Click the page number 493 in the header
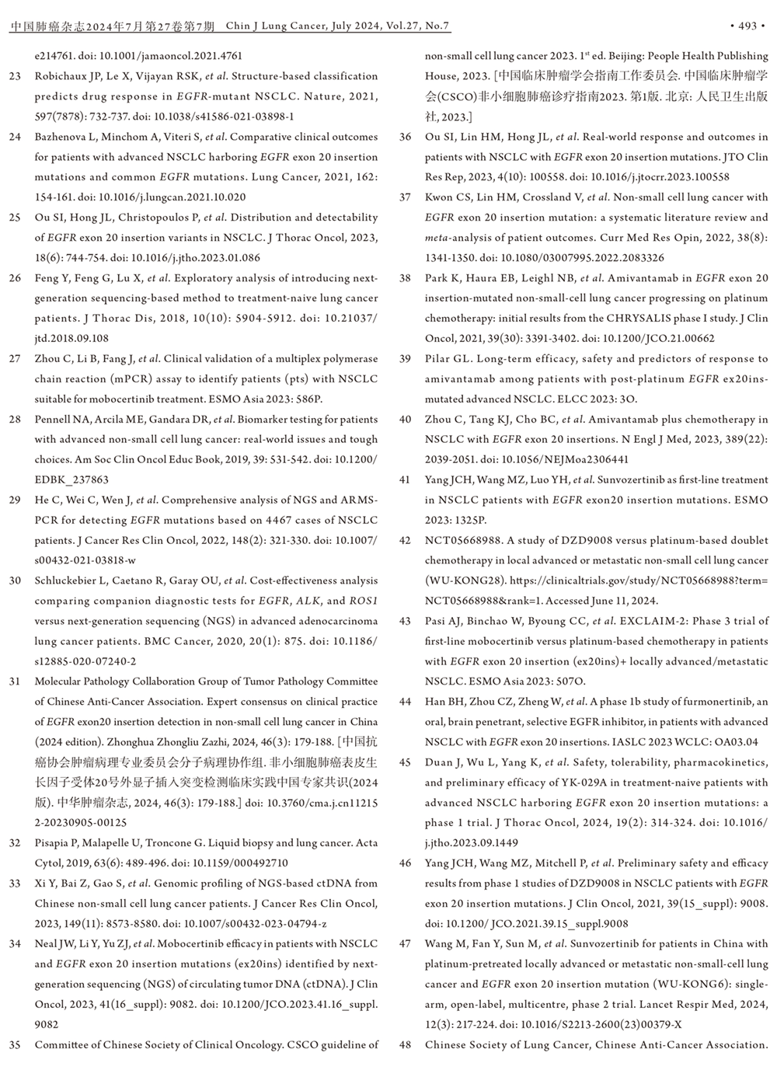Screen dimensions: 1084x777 747,26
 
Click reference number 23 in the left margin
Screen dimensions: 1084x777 15,76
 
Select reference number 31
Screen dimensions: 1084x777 15,681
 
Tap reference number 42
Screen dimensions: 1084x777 405,540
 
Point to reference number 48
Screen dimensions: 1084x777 405,1045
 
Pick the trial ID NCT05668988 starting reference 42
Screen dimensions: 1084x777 464,540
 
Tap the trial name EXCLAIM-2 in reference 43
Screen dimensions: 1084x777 646,621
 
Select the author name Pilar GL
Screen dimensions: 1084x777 447,359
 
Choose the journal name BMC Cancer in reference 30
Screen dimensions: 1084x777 175,641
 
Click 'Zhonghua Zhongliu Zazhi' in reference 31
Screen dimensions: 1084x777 166,742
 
